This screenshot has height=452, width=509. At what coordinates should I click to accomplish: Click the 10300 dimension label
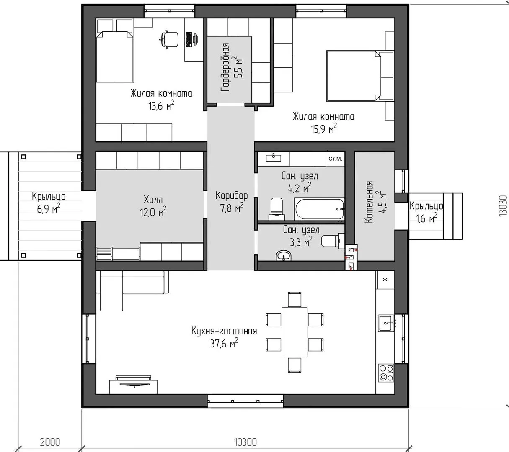(245, 442)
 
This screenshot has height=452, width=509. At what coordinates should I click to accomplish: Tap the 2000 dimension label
(50, 442)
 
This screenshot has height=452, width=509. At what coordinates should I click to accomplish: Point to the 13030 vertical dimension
(503, 206)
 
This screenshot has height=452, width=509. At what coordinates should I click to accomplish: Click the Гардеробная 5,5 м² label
(231, 67)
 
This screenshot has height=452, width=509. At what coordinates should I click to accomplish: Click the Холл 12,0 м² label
(153, 206)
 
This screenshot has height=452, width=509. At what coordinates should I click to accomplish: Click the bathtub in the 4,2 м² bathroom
(319, 209)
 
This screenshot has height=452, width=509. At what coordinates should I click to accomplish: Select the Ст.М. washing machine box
(335, 159)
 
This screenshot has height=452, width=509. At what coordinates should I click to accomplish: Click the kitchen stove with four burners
(386, 373)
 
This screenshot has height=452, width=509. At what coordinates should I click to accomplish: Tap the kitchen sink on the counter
(386, 324)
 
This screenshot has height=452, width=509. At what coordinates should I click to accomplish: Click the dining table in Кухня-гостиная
(295, 332)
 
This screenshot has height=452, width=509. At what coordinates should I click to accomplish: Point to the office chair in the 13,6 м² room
(169, 39)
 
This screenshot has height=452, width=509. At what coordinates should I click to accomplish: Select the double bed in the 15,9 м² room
(360, 76)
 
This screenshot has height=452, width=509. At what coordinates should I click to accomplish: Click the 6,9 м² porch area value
(49, 208)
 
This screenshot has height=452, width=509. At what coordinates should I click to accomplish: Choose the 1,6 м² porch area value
(426, 218)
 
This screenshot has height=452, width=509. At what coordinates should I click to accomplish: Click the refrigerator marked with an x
(385, 280)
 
